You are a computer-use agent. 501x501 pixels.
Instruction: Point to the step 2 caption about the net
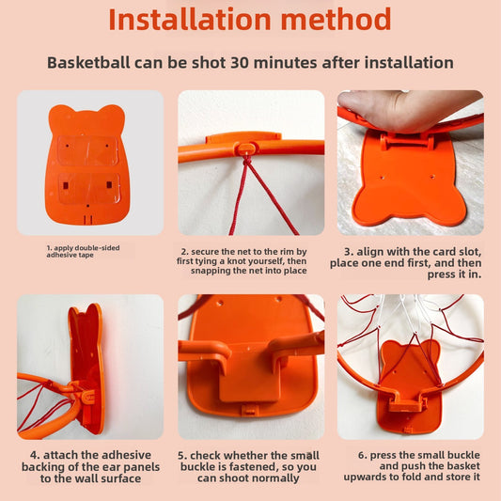point(250,261)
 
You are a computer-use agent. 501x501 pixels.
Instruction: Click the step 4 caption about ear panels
point(89,465)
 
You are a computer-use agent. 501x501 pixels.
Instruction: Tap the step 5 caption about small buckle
point(250,465)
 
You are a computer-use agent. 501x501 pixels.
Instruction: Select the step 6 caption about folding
point(410,465)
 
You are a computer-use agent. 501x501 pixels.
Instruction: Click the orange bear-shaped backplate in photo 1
point(89,160)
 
